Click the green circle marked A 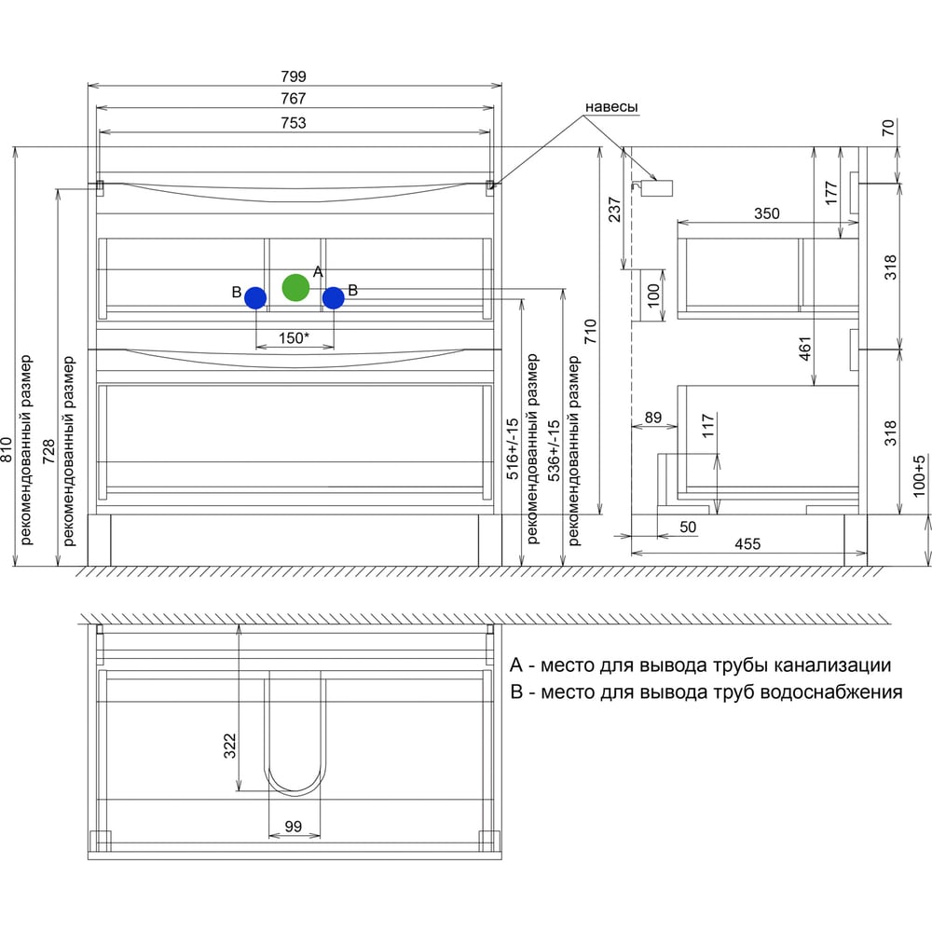pos(295,288)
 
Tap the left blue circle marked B pos(255,298)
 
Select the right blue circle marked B pos(334,298)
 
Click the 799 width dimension pos(294,76)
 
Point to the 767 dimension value pos(294,99)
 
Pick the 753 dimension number pos(294,123)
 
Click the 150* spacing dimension pos(294,338)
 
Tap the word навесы pos(611,107)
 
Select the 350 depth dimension pos(767,213)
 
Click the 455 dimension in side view pos(747,544)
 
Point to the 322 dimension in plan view pos(229,746)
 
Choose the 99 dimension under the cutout pos(294,826)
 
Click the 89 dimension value pos(653,418)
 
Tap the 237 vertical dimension pos(614,210)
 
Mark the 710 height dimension pos(590,332)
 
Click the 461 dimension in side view pos(805,349)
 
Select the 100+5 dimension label pos(919,476)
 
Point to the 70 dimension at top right pos(888,128)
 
